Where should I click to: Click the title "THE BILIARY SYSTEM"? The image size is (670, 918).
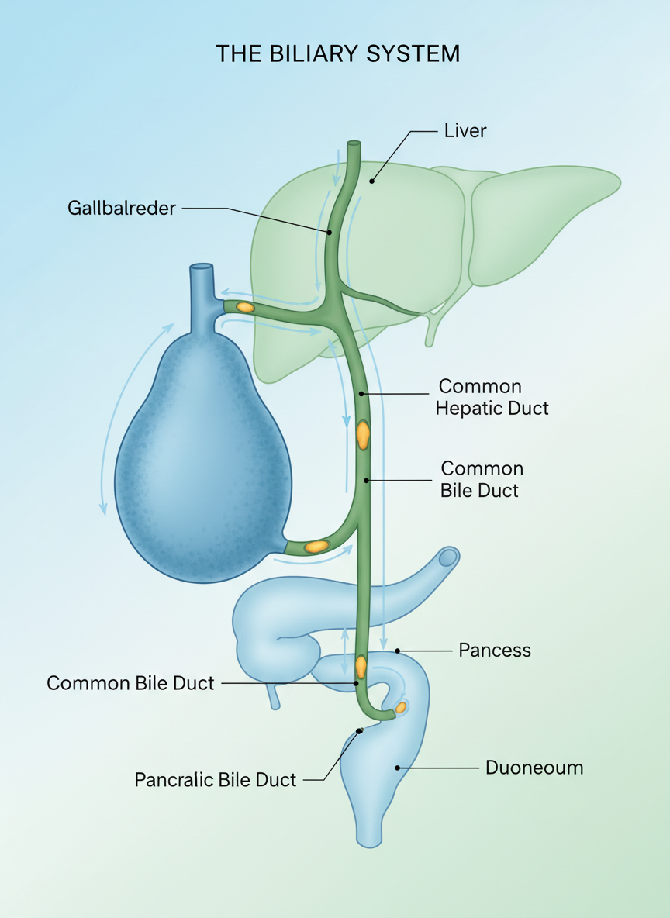(337, 53)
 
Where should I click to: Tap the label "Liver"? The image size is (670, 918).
(465, 131)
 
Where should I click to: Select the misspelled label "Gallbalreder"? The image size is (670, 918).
(122, 208)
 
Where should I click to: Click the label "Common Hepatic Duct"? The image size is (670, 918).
(492, 397)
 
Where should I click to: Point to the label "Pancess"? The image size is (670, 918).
(495, 650)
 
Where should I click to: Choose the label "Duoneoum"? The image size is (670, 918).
(534, 768)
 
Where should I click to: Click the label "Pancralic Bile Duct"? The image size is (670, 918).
(216, 779)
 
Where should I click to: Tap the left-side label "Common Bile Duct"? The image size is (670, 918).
(130, 683)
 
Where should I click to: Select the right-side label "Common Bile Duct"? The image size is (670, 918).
(481, 479)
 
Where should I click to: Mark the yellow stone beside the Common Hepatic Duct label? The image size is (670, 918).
(362, 434)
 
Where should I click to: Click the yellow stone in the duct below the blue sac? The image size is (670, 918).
(316, 547)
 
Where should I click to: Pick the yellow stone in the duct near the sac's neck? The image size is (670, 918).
(245, 307)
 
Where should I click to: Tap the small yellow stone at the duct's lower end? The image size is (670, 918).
(401, 707)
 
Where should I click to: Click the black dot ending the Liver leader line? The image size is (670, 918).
(371, 181)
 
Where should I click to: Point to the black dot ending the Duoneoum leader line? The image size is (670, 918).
(398, 768)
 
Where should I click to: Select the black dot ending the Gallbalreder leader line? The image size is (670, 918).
(329, 232)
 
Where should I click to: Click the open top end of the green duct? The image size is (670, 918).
(354, 144)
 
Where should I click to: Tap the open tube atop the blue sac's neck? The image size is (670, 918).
(201, 269)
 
